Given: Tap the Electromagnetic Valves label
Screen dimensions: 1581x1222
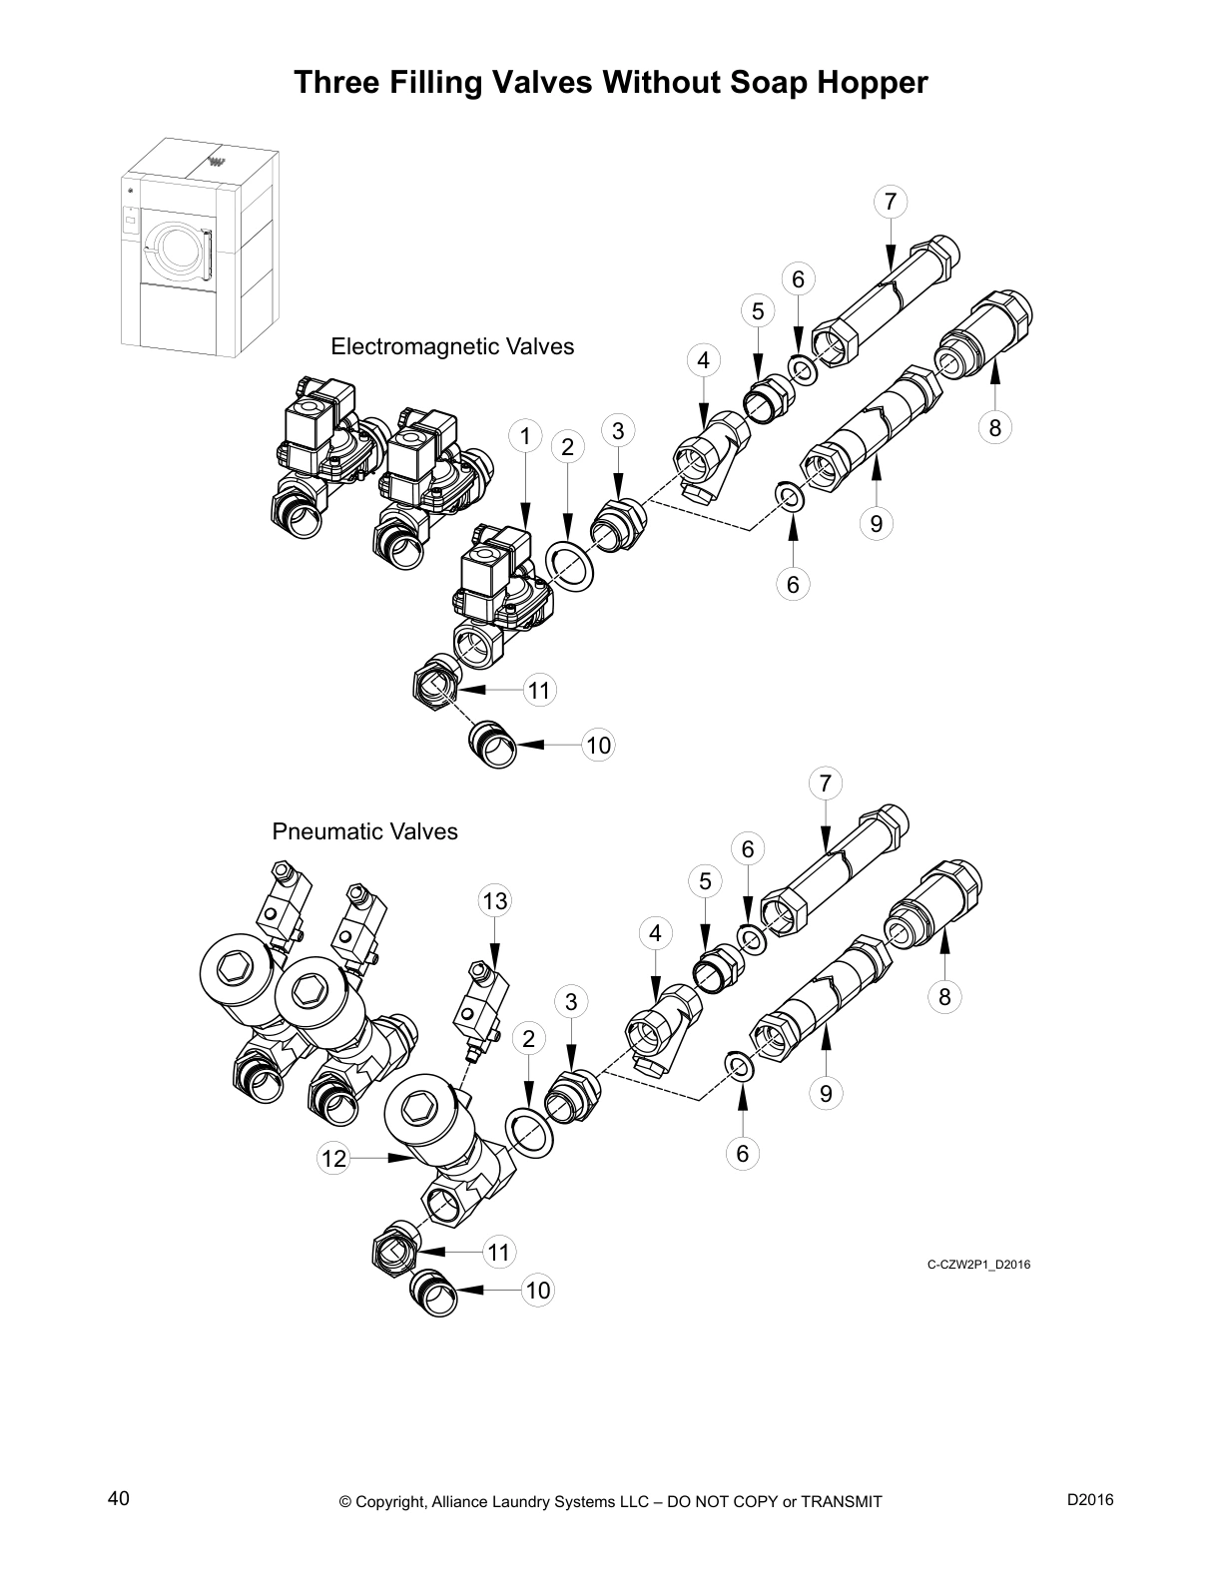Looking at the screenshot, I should click(x=452, y=346).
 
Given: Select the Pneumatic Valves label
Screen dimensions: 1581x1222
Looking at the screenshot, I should click(x=364, y=831).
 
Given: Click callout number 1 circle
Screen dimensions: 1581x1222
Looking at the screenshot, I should click(x=525, y=435).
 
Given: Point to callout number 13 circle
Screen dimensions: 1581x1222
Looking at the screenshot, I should click(x=495, y=901).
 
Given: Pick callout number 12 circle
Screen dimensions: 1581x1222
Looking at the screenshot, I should click(x=333, y=1158).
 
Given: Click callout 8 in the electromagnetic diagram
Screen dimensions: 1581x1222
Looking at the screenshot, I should click(x=994, y=428).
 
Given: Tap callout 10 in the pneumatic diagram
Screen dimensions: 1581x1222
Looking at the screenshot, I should click(x=538, y=1290).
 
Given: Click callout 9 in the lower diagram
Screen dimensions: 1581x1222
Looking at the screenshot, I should click(x=826, y=1093).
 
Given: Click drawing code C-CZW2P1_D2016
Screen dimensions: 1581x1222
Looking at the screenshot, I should click(x=978, y=1265).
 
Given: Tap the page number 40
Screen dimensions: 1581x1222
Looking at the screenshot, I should click(x=118, y=1498).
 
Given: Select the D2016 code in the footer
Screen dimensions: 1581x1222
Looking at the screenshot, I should click(x=1090, y=1498).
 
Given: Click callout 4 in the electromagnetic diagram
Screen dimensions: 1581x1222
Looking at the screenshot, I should click(x=703, y=360).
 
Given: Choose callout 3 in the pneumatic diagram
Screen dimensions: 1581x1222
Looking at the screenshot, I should click(x=571, y=1001).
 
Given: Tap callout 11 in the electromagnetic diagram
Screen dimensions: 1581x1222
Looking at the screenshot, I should click(x=539, y=690).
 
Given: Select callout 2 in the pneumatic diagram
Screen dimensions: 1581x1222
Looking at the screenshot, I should click(x=529, y=1038).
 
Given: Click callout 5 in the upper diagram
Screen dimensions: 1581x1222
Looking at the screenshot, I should click(x=758, y=311).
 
